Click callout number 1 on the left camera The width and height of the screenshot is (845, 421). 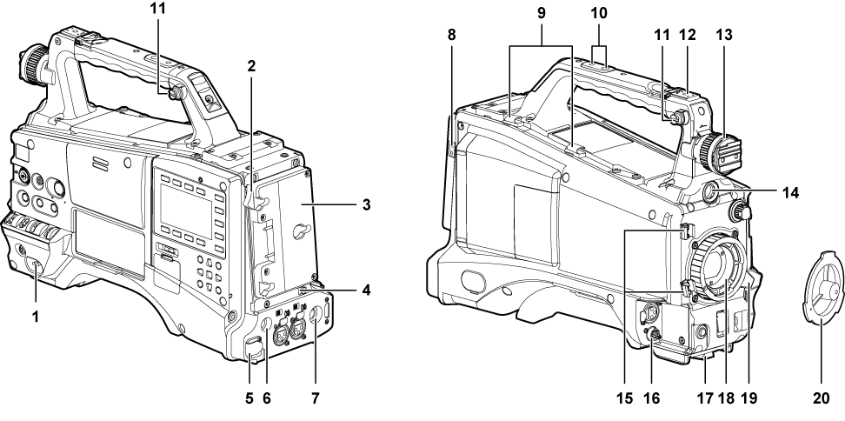point(36,317)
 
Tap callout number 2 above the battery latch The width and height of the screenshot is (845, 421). point(251,66)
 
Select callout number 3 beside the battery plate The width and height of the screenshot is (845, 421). point(366,204)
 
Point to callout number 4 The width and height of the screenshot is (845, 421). point(366,290)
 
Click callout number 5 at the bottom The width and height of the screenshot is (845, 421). point(249,398)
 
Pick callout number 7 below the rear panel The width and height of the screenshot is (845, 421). point(316,398)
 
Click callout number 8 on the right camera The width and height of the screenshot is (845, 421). point(451,35)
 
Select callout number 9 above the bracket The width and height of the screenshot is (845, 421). point(541,13)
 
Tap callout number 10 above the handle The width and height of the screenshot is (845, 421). point(599,13)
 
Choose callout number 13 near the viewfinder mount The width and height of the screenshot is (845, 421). point(725,35)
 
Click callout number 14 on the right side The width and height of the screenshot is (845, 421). point(790,192)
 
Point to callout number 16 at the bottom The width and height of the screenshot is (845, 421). point(651,398)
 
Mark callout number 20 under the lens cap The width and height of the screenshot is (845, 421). point(822,398)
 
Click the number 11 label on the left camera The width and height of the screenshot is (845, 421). point(158,9)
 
